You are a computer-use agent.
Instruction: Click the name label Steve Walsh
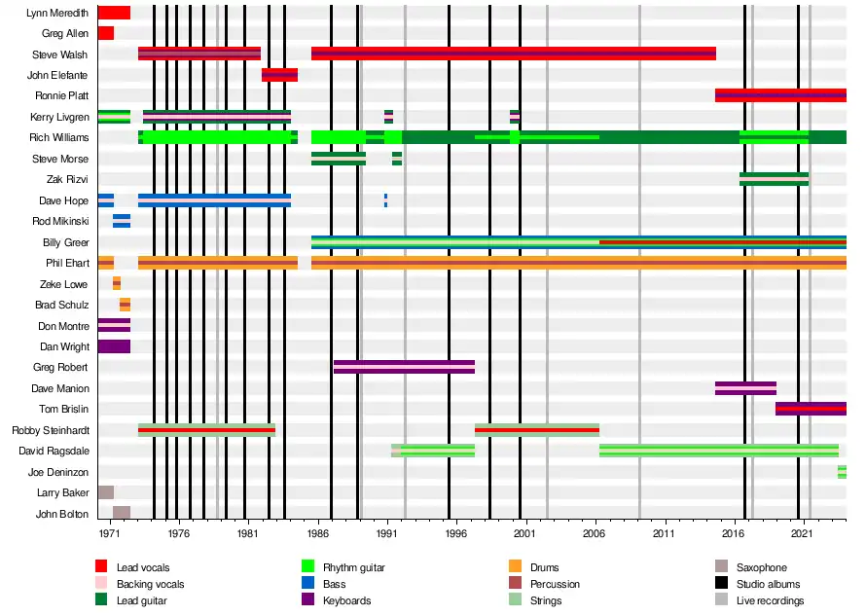60,54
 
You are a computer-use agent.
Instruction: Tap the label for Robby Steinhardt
51,430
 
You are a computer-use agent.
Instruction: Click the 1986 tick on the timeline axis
317,534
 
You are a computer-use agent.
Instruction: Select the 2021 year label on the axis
802,534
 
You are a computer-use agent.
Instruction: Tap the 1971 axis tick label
109,534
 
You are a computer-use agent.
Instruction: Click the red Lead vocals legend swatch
101,567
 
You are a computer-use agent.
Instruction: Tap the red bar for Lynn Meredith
114,13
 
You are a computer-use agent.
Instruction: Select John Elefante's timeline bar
279,75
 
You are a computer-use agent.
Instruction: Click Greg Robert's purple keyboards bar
404,367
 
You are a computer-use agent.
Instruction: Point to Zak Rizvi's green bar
774,179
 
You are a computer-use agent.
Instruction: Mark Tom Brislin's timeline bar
811,409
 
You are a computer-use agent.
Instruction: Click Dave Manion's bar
745,388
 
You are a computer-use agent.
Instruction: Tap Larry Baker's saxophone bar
106,492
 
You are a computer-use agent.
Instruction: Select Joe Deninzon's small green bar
842,472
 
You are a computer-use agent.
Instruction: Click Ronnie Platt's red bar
780,95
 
